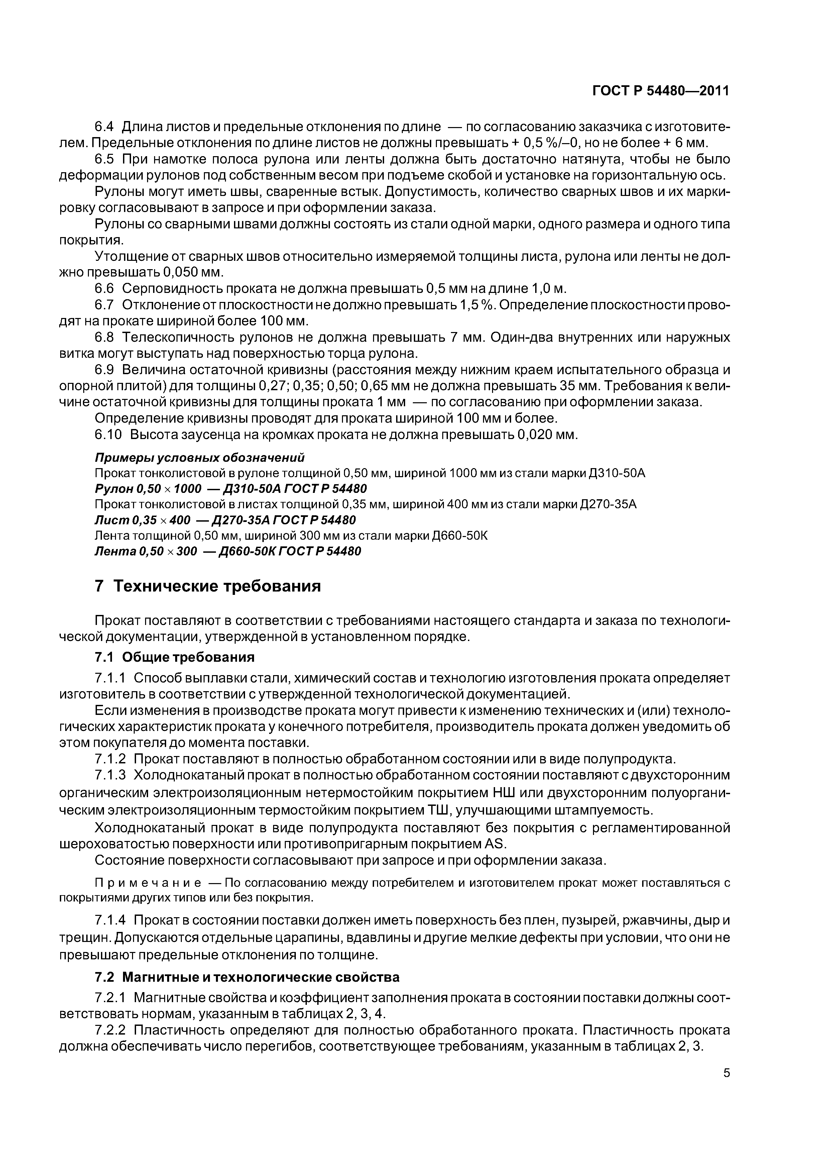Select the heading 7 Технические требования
208,585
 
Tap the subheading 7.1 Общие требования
175,656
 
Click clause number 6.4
104,127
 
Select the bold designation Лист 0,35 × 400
142,520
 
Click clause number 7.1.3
110,775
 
